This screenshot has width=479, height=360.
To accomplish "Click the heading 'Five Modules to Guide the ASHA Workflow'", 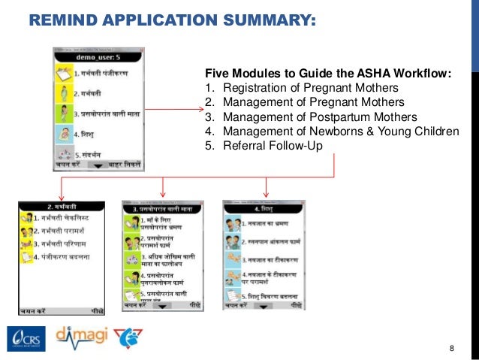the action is click(x=328, y=73).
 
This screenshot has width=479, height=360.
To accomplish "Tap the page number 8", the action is click(x=451, y=348).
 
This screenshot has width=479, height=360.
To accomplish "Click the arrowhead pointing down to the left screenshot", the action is click(x=60, y=193).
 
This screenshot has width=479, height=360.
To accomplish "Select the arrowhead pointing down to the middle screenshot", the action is click(x=164, y=193).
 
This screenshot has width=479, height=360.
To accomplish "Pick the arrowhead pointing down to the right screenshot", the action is click(x=266, y=193).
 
